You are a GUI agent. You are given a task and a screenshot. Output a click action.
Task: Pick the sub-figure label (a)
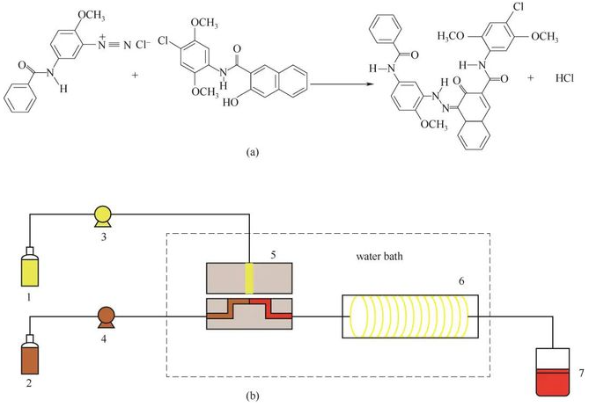[x=252, y=151]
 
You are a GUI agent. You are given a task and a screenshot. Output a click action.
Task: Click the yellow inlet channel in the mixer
[x=249, y=278]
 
